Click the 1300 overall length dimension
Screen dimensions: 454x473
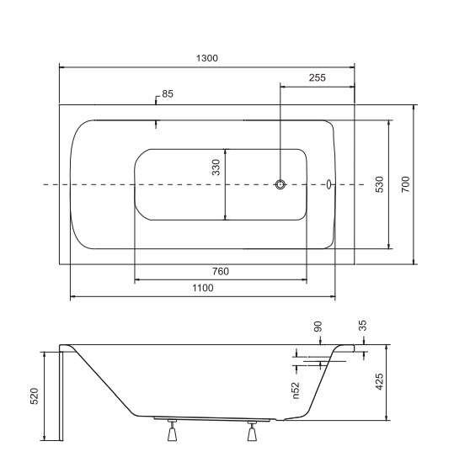(x=206, y=58)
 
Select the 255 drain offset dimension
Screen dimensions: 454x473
(x=318, y=77)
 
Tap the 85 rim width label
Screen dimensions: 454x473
(x=168, y=93)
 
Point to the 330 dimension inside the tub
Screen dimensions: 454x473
(x=216, y=167)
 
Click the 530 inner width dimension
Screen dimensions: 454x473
(x=379, y=184)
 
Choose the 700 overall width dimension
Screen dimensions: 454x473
(x=406, y=184)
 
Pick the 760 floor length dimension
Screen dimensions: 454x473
(x=221, y=272)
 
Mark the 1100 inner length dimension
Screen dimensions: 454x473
(x=203, y=288)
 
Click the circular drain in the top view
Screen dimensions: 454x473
(x=280, y=184)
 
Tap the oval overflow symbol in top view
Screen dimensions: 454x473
(x=328, y=184)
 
